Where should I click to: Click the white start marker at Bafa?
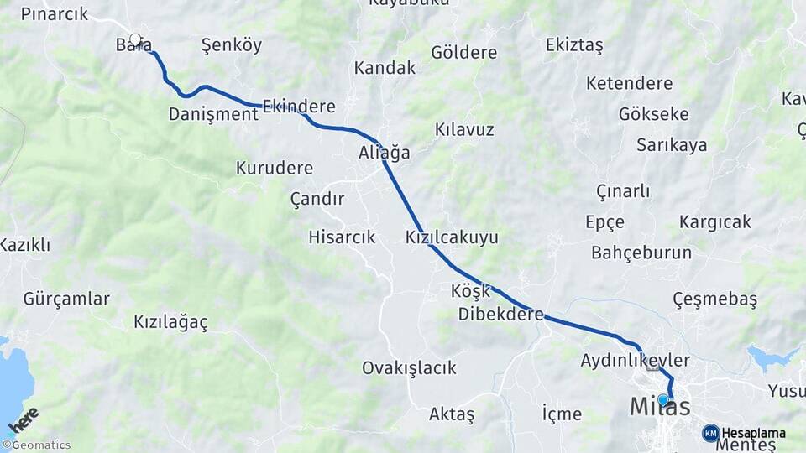[x=135, y=39]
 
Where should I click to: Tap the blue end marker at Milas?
[x=662, y=400]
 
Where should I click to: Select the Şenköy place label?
[x=232, y=45]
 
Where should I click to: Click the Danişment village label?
[x=213, y=114]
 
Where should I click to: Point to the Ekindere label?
[x=299, y=107]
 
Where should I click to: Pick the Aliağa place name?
[x=385, y=153]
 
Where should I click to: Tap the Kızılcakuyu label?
[x=452, y=237]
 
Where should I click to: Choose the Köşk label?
[x=470, y=291]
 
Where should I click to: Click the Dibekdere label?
[x=501, y=315]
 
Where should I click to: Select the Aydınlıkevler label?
[x=635, y=361]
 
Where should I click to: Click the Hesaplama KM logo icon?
[x=711, y=433]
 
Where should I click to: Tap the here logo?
[x=23, y=419]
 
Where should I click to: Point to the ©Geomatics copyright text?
[x=37, y=445]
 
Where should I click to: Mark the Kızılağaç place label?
[x=170, y=322]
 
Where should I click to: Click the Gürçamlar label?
[x=66, y=299]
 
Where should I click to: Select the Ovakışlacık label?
[x=409, y=367]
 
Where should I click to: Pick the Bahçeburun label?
[x=641, y=253]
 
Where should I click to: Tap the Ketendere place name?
[x=630, y=83]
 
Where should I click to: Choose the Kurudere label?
[x=275, y=168]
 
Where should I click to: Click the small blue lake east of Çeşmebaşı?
[x=771, y=358]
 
